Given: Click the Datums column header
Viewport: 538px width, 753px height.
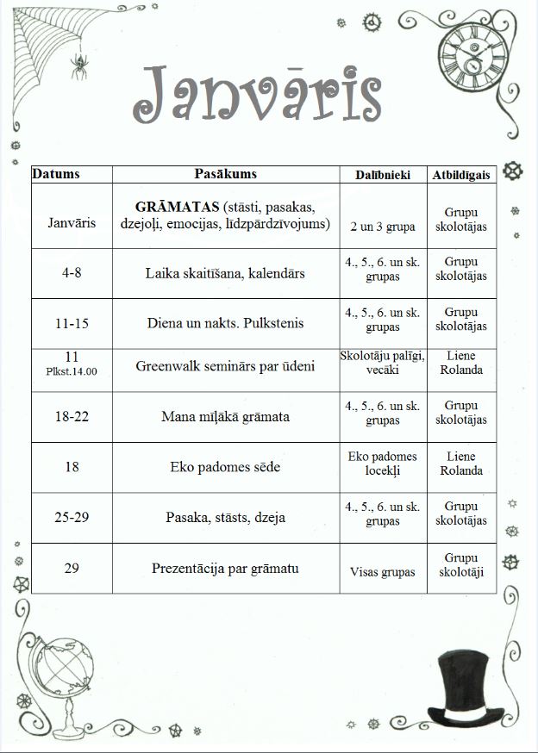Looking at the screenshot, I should (x=56, y=174).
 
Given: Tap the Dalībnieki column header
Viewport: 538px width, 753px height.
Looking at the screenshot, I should (x=383, y=175).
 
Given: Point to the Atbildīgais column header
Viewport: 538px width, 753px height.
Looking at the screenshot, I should (x=461, y=175).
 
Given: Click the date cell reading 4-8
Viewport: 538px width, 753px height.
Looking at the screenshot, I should (x=73, y=274).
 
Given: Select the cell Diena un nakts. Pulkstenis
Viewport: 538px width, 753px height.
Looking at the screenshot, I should (x=225, y=324).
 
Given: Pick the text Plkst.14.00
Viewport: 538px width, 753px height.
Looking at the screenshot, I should (x=72, y=372).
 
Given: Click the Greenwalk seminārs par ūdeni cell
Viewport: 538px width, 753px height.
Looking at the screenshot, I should (x=225, y=366).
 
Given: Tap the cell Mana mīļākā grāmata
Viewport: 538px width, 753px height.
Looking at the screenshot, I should (x=225, y=417).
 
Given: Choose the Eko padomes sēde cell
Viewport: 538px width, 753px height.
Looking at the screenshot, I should (x=225, y=468).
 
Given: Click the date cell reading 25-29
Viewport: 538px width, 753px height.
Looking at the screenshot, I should (x=73, y=518).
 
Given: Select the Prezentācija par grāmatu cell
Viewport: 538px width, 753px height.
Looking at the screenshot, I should (x=225, y=569).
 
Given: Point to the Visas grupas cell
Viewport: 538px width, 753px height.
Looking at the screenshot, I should (x=383, y=572).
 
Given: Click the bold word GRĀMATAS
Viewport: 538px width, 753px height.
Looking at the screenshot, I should (x=175, y=208).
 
